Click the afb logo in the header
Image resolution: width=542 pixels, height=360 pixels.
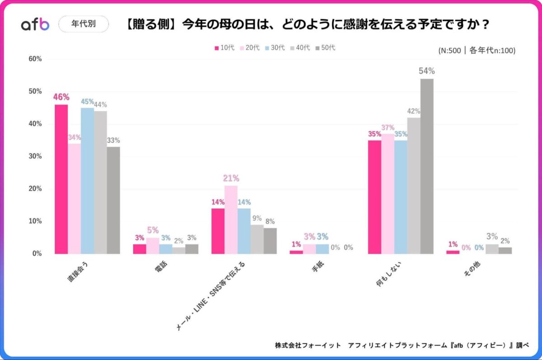pyautogui.click(x=35, y=24)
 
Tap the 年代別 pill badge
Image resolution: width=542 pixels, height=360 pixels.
pyautogui.click(x=84, y=24)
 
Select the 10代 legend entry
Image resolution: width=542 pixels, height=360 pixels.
pyautogui.click(x=224, y=48)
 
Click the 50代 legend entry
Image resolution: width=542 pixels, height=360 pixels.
pyautogui.click(x=325, y=48)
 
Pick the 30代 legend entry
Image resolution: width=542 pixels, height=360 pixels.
pyautogui.click(x=275, y=48)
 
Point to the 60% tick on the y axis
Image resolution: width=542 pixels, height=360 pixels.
pyautogui.click(x=35, y=59)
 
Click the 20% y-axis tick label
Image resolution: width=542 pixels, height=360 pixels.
pyautogui.click(x=35, y=189)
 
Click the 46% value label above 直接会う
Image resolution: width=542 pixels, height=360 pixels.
pyautogui.click(x=61, y=97)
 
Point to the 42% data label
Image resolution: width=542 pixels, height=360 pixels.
pyautogui.click(x=414, y=111)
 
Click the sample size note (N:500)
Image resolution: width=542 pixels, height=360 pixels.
pyautogui.click(x=477, y=51)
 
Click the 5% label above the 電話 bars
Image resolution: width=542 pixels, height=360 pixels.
pyautogui.click(x=153, y=230)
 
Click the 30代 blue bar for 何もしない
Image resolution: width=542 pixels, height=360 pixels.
pyautogui.click(x=401, y=197)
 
